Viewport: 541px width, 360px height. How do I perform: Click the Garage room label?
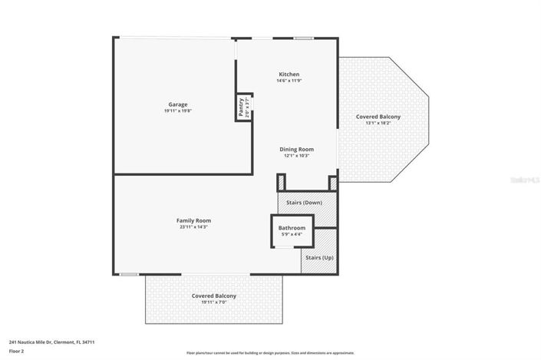click(x=178, y=104)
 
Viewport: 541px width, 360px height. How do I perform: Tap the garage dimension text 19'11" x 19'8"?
click(x=178, y=111)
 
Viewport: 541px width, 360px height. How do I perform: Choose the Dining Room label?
click(x=296, y=149)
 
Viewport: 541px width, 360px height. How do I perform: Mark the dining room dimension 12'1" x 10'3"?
click(x=296, y=156)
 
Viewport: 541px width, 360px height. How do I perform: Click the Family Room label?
click(x=193, y=220)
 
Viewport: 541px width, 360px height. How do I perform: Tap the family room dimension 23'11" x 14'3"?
click(x=193, y=227)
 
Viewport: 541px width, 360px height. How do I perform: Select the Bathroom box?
click(x=292, y=231)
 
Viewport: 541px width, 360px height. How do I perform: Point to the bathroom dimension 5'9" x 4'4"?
click(x=292, y=235)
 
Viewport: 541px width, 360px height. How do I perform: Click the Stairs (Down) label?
click(x=304, y=203)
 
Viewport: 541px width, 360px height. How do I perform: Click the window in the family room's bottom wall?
click(x=129, y=274)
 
